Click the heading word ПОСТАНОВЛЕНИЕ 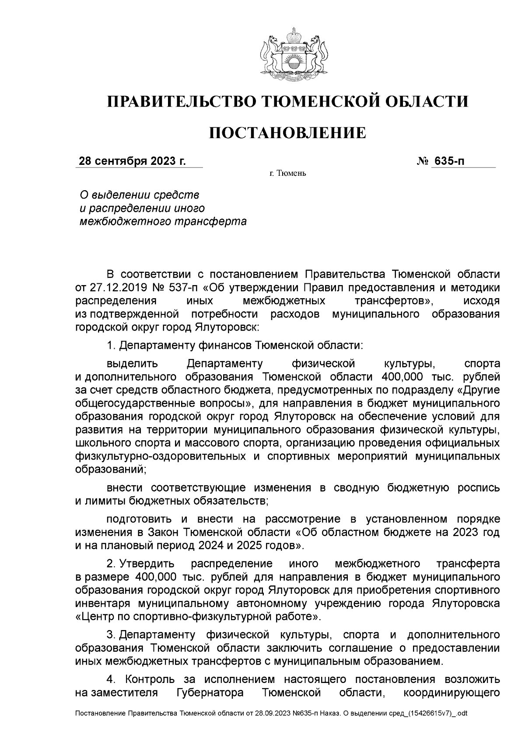(x=287, y=132)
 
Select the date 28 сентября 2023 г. (x=132, y=161)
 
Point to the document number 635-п (x=448, y=161)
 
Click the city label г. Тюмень (x=287, y=174)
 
